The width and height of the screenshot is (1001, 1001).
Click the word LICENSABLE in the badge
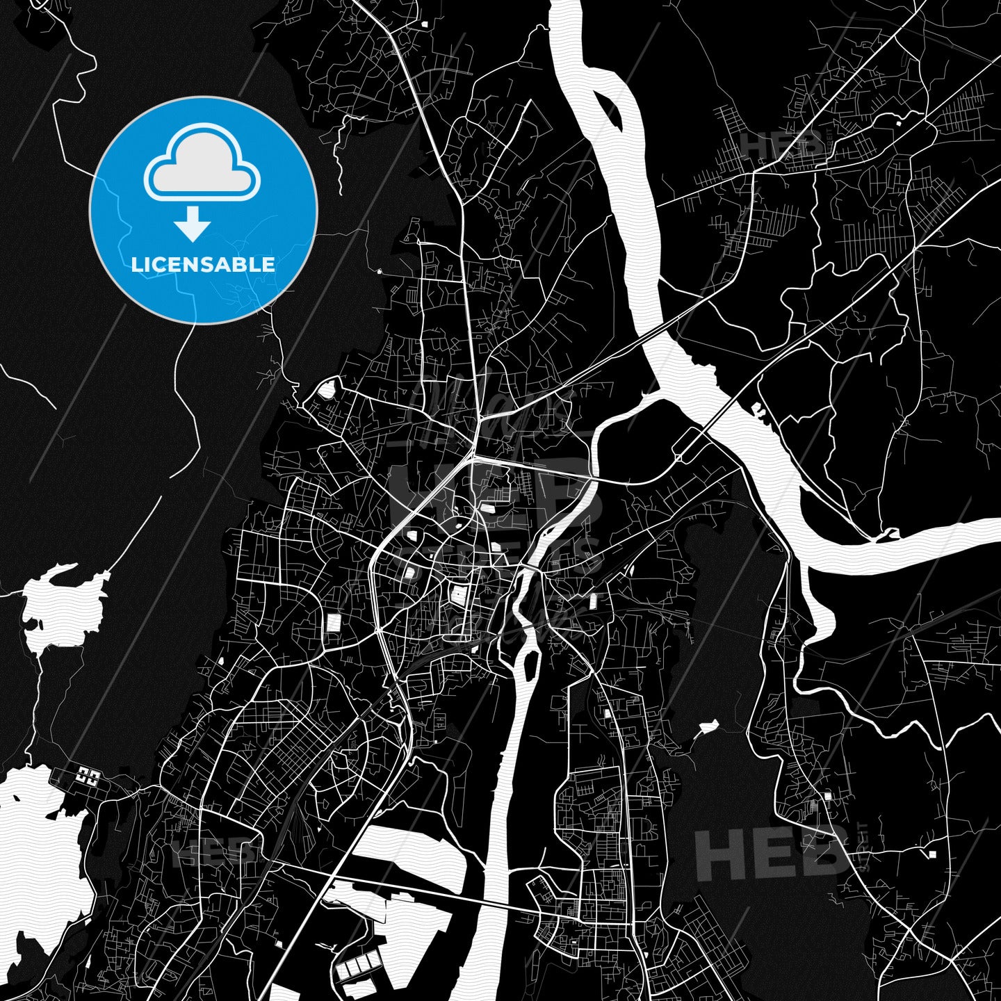pyautogui.click(x=203, y=264)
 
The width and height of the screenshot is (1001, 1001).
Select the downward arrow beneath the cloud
pyautogui.click(x=193, y=224)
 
